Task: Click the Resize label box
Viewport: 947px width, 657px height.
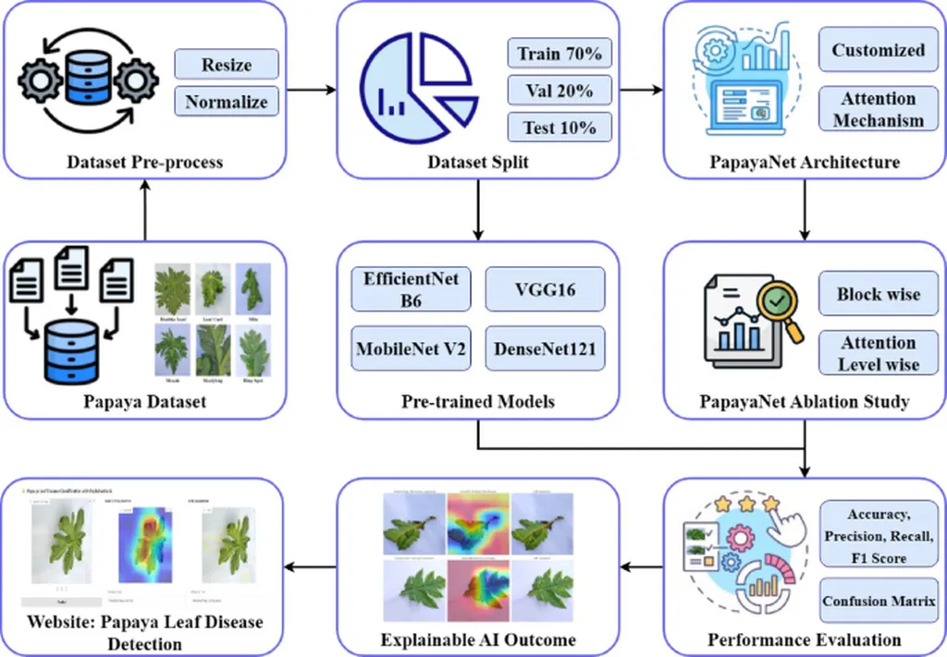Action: [227, 65]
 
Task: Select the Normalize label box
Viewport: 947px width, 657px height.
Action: [227, 102]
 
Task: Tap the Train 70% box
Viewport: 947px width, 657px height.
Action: [560, 54]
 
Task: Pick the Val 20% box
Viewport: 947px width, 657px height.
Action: [560, 91]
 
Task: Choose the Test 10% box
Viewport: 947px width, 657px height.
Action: [560, 128]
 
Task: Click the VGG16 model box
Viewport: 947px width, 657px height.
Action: [544, 290]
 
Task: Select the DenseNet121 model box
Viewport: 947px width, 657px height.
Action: [544, 349]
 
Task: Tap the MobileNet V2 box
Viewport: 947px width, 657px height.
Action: [412, 349]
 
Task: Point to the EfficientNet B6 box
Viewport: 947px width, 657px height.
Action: [412, 290]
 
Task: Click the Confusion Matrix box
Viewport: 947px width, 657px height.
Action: [879, 602]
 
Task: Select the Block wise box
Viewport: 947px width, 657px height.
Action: [879, 295]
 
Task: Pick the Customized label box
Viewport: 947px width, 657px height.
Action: [879, 51]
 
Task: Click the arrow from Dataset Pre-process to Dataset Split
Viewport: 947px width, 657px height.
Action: [310, 90]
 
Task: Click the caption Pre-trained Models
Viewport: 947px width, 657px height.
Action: [477, 402]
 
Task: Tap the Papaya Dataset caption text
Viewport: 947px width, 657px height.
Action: [144, 402]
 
